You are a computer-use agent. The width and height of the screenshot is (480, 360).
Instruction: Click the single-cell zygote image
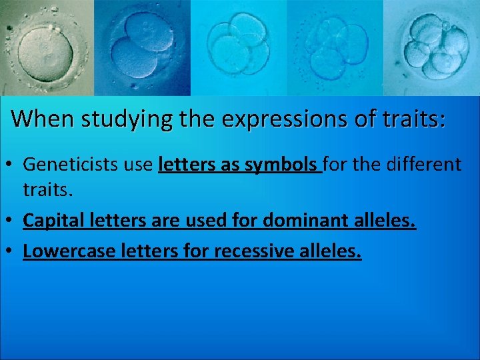pyautogui.click(x=47, y=47)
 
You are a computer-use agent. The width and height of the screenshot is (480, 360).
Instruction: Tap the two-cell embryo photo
pyautogui.click(x=142, y=47)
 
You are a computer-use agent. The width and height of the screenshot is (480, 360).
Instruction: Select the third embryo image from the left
pyautogui.click(x=238, y=47)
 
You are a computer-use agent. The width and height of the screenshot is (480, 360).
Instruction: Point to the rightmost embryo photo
pyautogui.click(x=432, y=47)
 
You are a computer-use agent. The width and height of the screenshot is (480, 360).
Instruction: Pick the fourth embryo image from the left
pyautogui.click(x=335, y=47)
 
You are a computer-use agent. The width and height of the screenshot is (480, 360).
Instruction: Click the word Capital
pyautogui.click(x=51, y=221)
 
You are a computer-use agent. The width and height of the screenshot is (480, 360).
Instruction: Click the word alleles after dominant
pyautogui.click(x=383, y=221)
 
